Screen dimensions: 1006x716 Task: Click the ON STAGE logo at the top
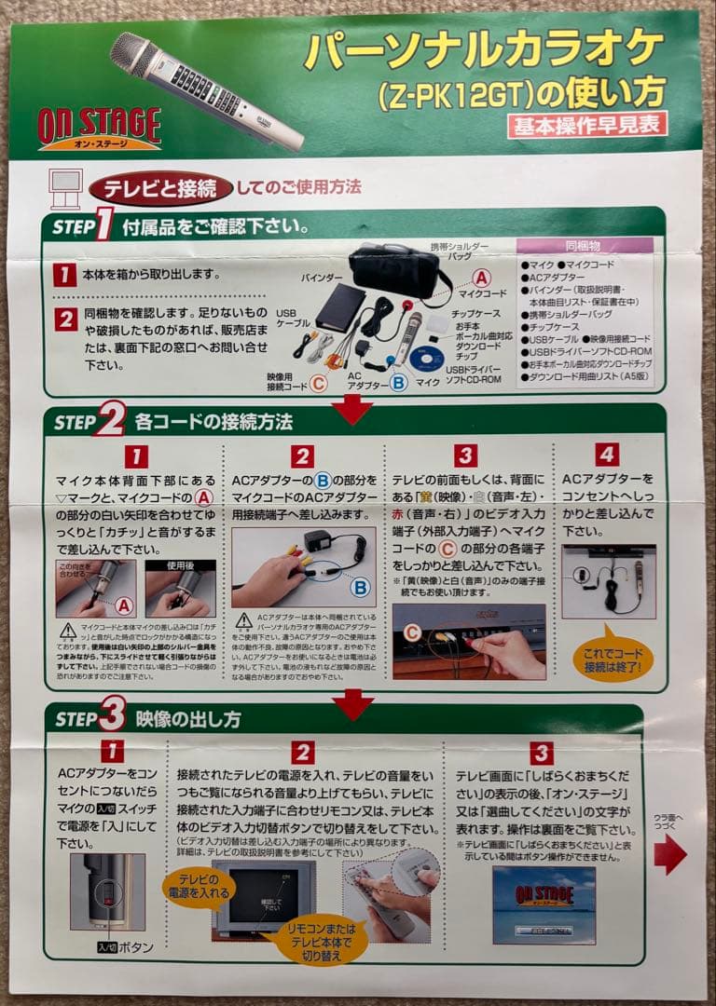(x=100, y=128)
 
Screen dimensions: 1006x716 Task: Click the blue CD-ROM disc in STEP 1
(x=427, y=360)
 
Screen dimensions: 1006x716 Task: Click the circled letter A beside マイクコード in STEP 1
(x=481, y=277)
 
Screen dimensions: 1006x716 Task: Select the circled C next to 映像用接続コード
(x=318, y=383)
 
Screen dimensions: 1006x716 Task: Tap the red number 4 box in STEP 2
(x=607, y=455)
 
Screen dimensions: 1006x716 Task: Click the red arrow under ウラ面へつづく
(x=668, y=853)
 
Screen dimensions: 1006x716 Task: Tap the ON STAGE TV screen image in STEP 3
(x=544, y=903)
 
